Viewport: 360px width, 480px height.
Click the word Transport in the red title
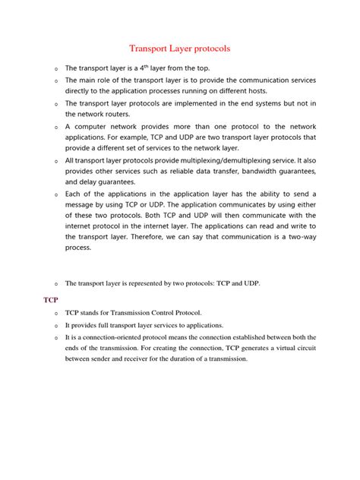click(x=153, y=49)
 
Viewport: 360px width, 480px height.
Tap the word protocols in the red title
click(x=208, y=49)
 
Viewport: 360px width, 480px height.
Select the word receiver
click(x=140, y=358)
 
